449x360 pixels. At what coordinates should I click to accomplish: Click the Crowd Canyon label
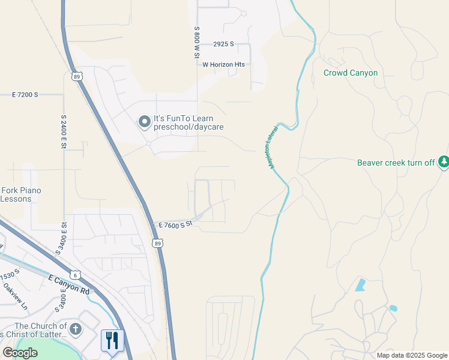pos(351,73)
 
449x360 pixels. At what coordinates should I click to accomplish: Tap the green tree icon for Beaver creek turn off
pos(444,162)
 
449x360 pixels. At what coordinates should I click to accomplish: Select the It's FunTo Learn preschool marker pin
pos(144,122)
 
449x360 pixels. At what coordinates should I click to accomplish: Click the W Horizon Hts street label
pos(224,64)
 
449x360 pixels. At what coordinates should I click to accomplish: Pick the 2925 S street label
pos(223,44)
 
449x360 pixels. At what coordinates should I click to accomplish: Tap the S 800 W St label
pos(196,42)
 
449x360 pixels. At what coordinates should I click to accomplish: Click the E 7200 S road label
pos(25,95)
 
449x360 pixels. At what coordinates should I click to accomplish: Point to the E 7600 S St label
pos(175,224)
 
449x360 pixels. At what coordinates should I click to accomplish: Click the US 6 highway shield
pos(75,274)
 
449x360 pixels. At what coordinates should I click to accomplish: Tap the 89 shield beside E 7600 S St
pos(157,243)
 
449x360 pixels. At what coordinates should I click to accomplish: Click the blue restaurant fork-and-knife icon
pos(112,341)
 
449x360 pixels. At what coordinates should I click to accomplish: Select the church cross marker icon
pos(75,329)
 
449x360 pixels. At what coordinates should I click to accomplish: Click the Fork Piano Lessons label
pos(21,194)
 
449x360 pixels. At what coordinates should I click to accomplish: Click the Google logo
pos(20,353)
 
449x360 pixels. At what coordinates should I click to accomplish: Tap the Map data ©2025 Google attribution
pos(412,355)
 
